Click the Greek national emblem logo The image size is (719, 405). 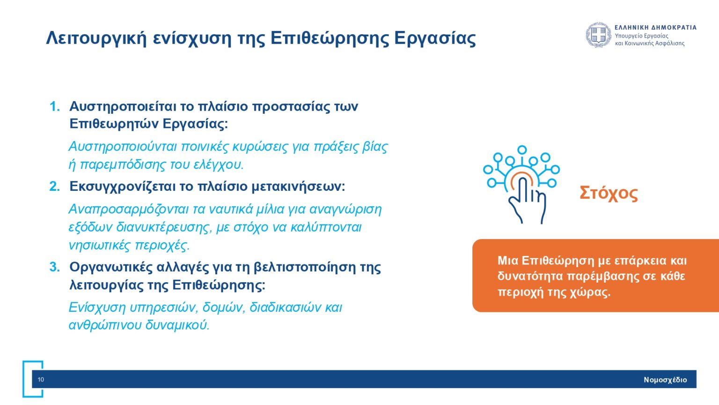(598, 35)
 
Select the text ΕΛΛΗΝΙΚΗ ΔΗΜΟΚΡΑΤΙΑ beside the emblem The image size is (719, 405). (655, 28)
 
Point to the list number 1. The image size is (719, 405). (55, 106)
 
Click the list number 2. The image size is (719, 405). (55, 187)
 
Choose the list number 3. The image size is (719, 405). (55, 267)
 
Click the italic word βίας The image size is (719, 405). (375, 147)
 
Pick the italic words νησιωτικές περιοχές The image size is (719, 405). (129, 245)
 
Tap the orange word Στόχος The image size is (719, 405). (609, 193)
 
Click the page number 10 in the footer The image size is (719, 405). (41, 380)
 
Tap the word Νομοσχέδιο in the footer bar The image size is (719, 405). (665, 380)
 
